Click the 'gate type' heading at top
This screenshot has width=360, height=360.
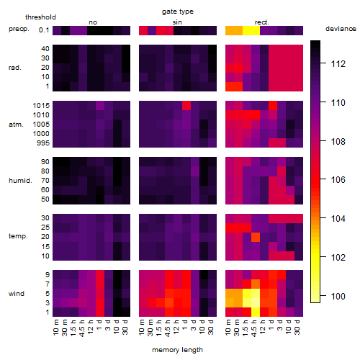pyautogui.click(x=178, y=12)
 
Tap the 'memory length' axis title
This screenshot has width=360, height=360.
pyautogui.click(x=177, y=350)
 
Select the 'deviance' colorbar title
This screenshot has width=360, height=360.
pyautogui.click(x=341, y=29)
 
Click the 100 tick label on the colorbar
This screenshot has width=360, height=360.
pyautogui.click(x=338, y=296)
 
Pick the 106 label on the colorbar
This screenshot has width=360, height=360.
pyautogui.click(x=338, y=179)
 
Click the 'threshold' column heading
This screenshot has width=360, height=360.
pyautogui.click(x=40, y=17)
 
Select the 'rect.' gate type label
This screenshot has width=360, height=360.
pyautogui.click(x=261, y=22)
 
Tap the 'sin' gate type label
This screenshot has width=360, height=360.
pyautogui.click(x=177, y=22)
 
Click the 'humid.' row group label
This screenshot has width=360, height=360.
pyautogui.click(x=20, y=181)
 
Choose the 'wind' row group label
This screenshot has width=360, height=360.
pyautogui.click(x=17, y=294)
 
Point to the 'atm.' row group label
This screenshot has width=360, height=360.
pyautogui.click(x=16, y=125)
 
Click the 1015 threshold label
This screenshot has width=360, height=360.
pyautogui.click(x=41, y=106)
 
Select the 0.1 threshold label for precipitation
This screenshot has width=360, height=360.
pyautogui.click(x=44, y=30)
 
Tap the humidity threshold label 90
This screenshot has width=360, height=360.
pyautogui.click(x=45, y=162)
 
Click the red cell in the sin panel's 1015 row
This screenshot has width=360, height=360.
pyautogui.click(x=186, y=106)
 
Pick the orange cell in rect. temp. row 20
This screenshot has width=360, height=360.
pyautogui.click(x=256, y=237)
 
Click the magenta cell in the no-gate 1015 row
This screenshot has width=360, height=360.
pyautogui.click(x=100, y=106)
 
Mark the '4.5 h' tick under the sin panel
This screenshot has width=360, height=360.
pyautogui.click(x=168, y=328)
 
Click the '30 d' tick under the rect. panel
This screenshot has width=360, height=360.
pyautogui.click(x=297, y=327)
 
